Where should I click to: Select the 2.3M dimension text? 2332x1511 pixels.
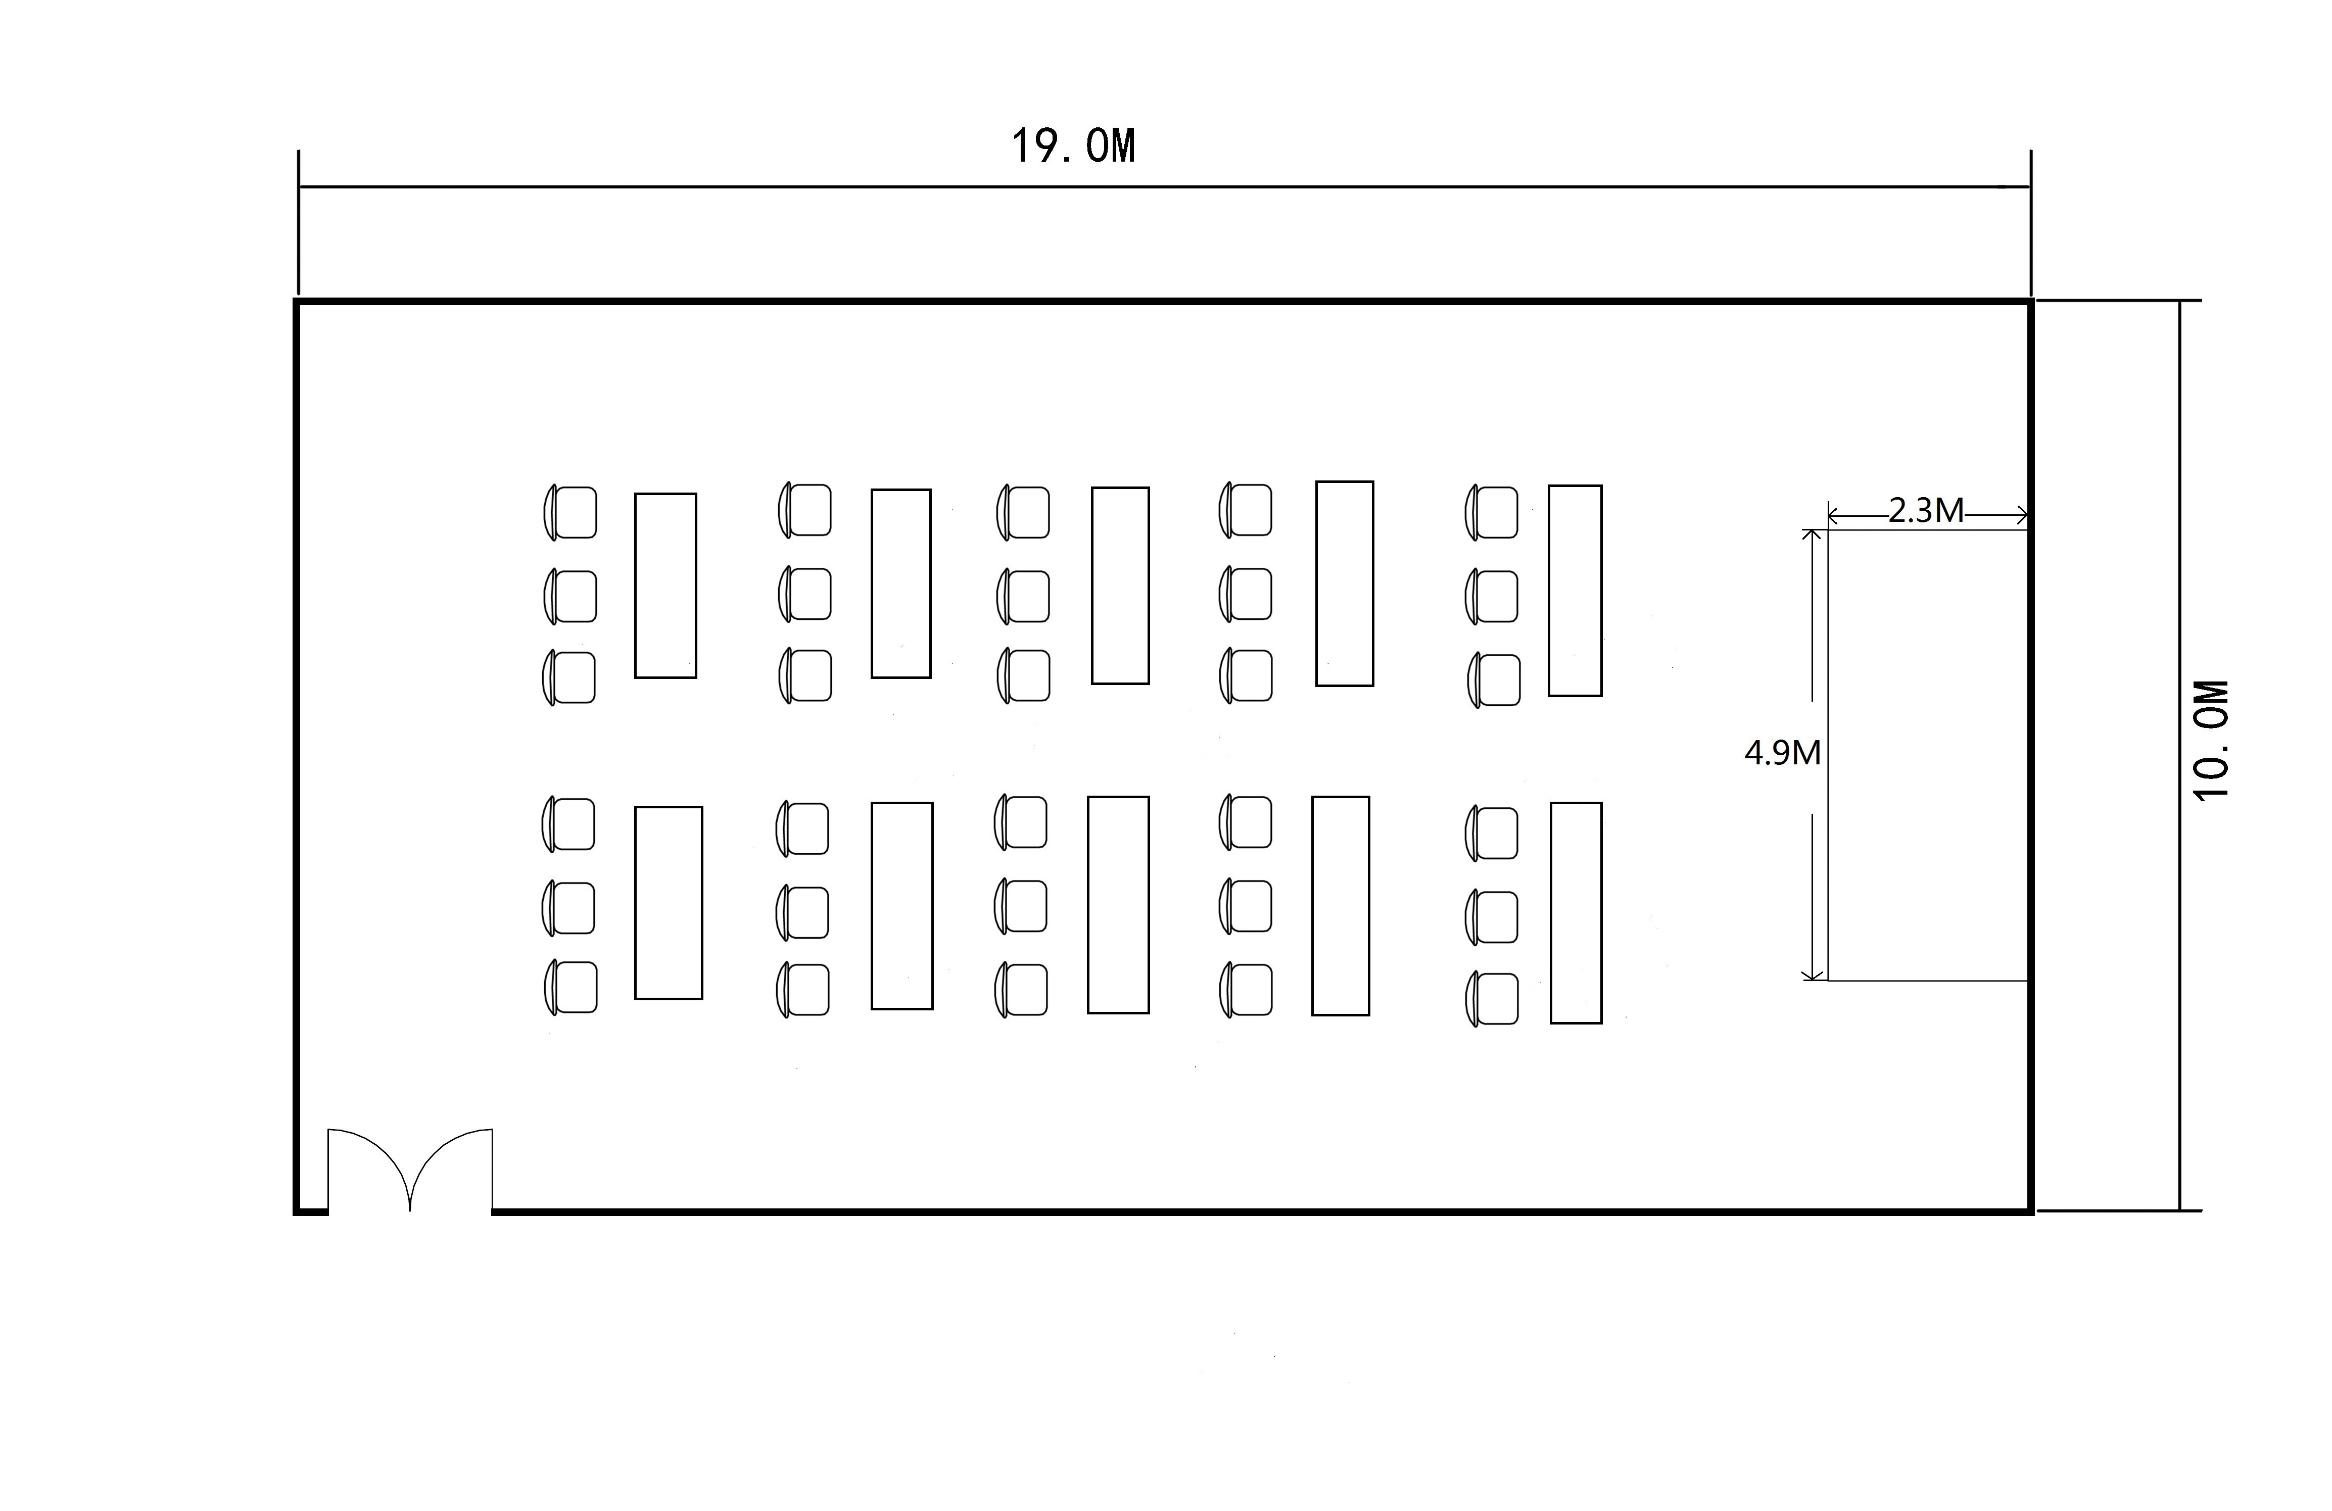tap(1925, 511)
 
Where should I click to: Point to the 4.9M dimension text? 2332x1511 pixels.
tap(1782, 753)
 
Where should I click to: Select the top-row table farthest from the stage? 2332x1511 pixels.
tap(665, 585)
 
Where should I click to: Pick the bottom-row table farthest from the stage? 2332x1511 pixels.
tap(668, 902)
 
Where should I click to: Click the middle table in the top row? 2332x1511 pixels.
tap(1120, 585)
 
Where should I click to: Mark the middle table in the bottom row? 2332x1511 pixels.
tap(1118, 904)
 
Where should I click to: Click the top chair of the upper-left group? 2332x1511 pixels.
tap(571, 512)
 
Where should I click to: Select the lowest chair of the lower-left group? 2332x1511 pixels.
tap(571, 987)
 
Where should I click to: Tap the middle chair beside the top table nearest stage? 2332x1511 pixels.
tap(1492, 597)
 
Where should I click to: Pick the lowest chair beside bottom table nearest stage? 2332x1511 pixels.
tap(1492, 999)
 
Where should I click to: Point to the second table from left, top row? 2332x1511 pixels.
tap(900, 583)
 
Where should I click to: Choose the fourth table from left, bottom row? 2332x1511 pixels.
tap(1341, 905)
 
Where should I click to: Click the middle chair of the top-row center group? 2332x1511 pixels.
tap(1024, 597)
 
